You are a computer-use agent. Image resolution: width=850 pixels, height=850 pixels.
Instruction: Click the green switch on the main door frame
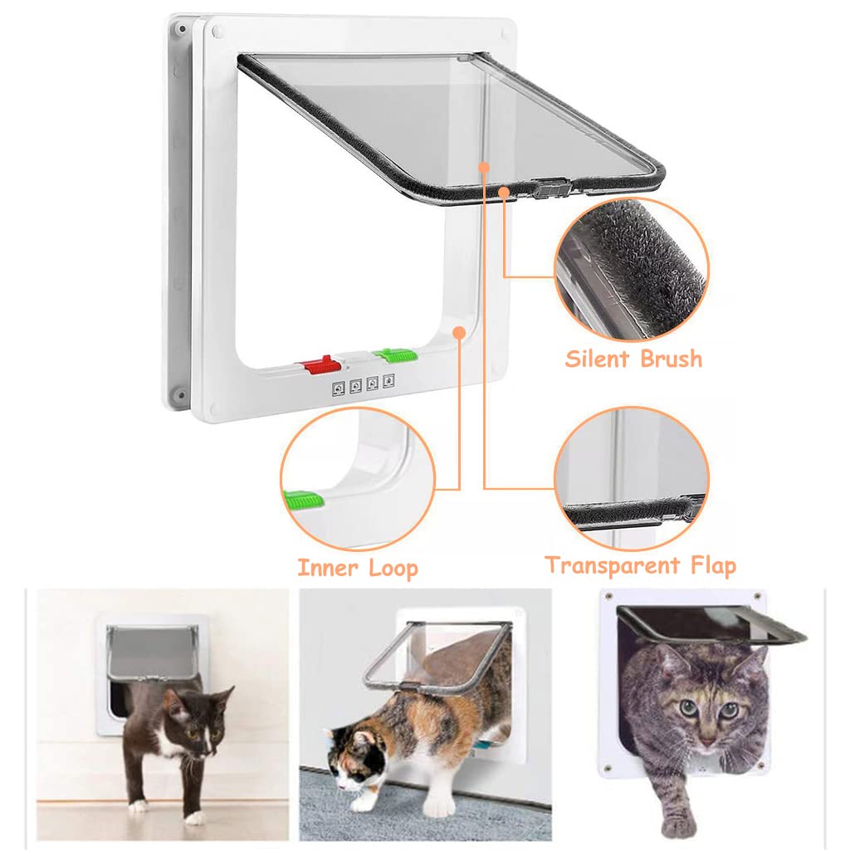pyautogui.click(x=395, y=356)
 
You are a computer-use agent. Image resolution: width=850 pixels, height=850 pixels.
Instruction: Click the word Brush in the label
pyautogui.click(x=670, y=359)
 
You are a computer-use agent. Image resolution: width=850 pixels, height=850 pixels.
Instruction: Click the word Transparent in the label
pyautogui.click(x=613, y=565)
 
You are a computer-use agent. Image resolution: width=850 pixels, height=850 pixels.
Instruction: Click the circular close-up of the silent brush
pyautogui.click(x=632, y=269)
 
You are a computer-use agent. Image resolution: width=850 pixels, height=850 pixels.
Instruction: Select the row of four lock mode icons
pyautogui.click(x=364, y=386)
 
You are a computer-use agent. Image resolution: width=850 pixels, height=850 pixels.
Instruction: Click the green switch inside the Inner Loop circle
pyautogui.click(x=302, y=501)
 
